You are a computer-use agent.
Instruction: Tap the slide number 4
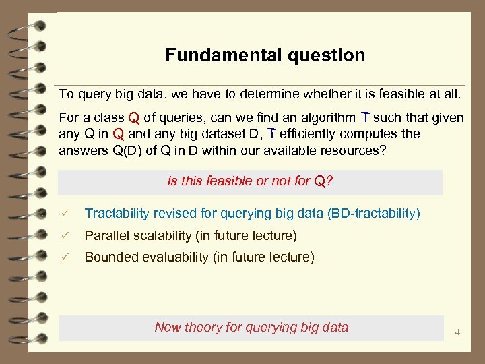pos(457,332)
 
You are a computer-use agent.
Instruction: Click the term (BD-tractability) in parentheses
pos(373,214)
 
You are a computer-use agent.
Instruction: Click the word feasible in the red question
pos(229,181)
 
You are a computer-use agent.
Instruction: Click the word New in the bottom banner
pos(167,328)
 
